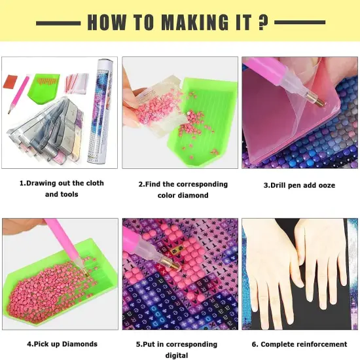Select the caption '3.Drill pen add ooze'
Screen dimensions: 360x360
point(299,185)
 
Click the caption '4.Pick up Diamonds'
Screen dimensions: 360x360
point(62,344)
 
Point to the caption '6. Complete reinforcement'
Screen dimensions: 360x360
point(300,344)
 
